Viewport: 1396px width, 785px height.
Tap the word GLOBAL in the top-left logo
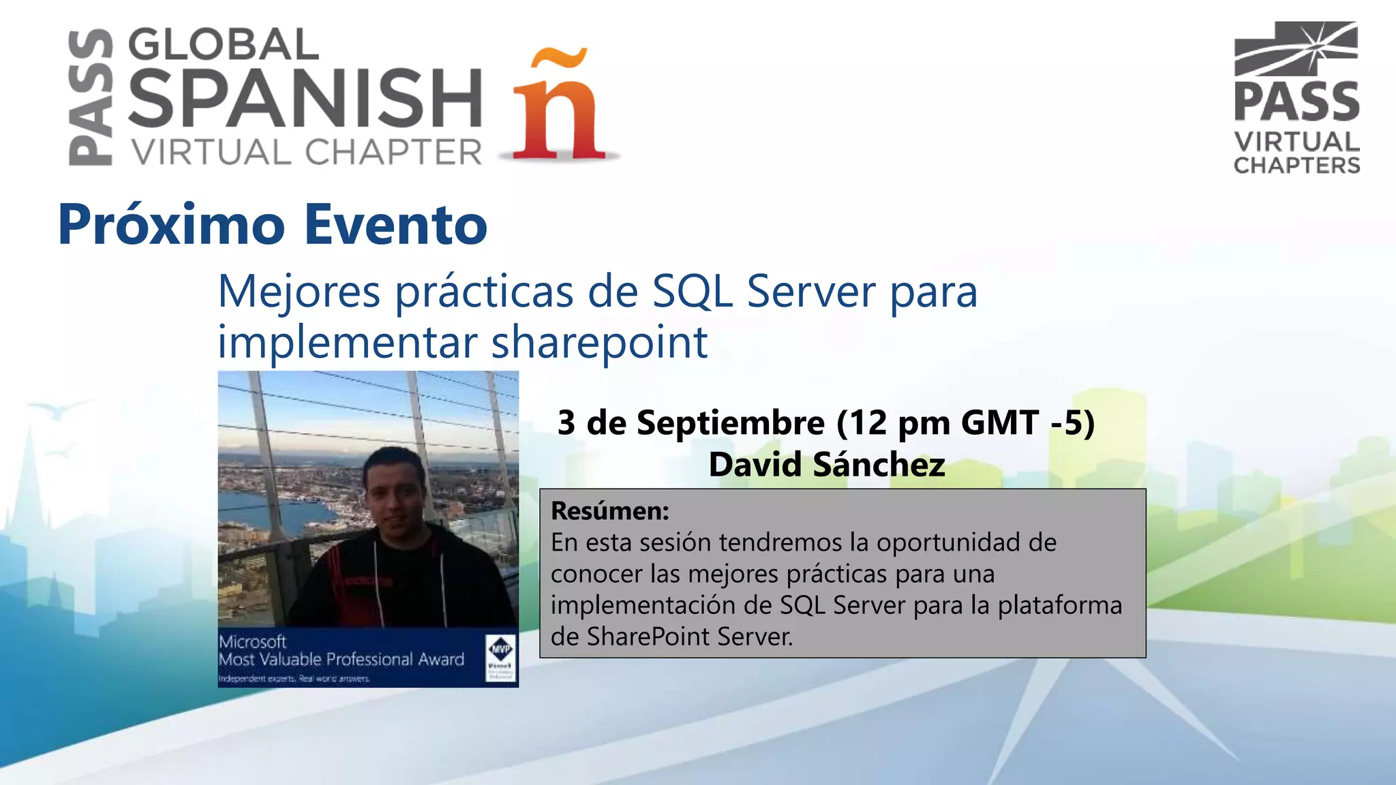coord(223,45)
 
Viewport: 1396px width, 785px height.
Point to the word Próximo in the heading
coord(171,224)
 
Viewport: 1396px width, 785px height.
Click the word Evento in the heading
coord(395,224)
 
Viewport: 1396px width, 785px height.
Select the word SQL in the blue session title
coord(693,291)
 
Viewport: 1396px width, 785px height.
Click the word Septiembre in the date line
coord(730,422)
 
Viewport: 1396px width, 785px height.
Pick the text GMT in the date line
coord(999,422)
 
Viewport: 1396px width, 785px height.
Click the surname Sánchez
coord(879,465)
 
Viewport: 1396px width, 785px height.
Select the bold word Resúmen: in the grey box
coord(609,510)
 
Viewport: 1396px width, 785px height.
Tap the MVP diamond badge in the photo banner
coord(501,648)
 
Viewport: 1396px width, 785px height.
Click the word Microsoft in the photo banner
coord(252,642)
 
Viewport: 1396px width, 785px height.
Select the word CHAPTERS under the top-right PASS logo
coord(1296,166)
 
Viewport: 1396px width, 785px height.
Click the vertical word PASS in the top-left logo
coord(91,97)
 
